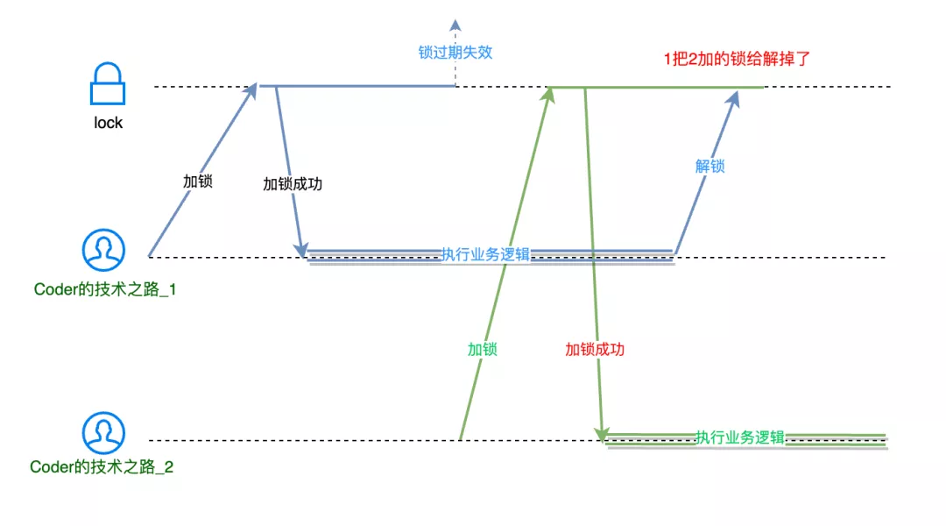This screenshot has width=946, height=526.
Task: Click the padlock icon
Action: coord(108,86)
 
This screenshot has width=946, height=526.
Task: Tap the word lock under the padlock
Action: coord(109,123)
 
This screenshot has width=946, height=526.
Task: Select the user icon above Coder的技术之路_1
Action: coord(104,251)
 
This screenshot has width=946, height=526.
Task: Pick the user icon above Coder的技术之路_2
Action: coord(104,434)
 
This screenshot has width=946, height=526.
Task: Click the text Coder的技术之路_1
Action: coord(105,289)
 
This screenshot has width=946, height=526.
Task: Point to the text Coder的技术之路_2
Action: coord(102,467)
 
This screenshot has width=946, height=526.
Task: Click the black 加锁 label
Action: coord(197,181)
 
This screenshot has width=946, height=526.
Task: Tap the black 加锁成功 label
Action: coord(293,184)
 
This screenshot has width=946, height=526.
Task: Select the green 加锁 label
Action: coord(482,349)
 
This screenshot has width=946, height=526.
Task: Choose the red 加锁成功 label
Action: coord(595,349)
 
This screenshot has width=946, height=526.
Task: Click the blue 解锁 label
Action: coord(710,166)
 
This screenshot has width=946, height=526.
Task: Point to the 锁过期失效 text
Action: coord(455,52)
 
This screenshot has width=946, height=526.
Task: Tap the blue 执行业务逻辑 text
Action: coord(485,254)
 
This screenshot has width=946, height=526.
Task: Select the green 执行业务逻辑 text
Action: coord(740,437)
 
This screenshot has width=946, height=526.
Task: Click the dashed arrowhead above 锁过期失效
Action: coord(455,25)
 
